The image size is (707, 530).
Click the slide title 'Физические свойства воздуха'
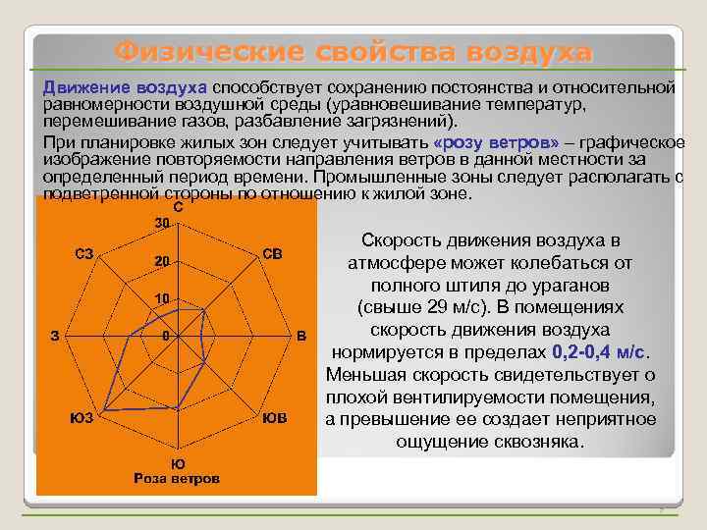pyautogui.click(x=353, y=51)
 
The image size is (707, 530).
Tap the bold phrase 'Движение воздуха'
pyautogui.click(x=124, y=88)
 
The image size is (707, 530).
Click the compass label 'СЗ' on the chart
pyautogui.click(x=84, y=254)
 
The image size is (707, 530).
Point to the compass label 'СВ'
pyautogui.click(x=272, y=254)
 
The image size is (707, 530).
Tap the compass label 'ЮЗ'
pyautogui.click(x=82, y=418)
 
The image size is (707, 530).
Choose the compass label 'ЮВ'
pyautogui.click(x=275, y=418)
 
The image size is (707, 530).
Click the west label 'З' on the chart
pyautogui.click(x=56, y=336)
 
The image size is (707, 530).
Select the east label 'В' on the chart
pyautogui.click(x=301, y=337)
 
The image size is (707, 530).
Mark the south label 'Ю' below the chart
pyautogui.click(x=178, y=463)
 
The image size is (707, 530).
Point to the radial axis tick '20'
pyautogui.click(x=164, y=261)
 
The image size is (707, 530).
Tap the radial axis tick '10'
pyautogui.click(x=164, y=298)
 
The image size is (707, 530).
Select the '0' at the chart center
pyautogui.click(x=167, y=336)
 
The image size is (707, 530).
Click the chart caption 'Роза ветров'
pyautogui.click(x=177, y=478)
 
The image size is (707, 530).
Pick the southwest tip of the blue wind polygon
pyautogui.click(x=104, y=409)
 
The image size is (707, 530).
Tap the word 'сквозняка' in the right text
pyautogui.click(x=540, y=442)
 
